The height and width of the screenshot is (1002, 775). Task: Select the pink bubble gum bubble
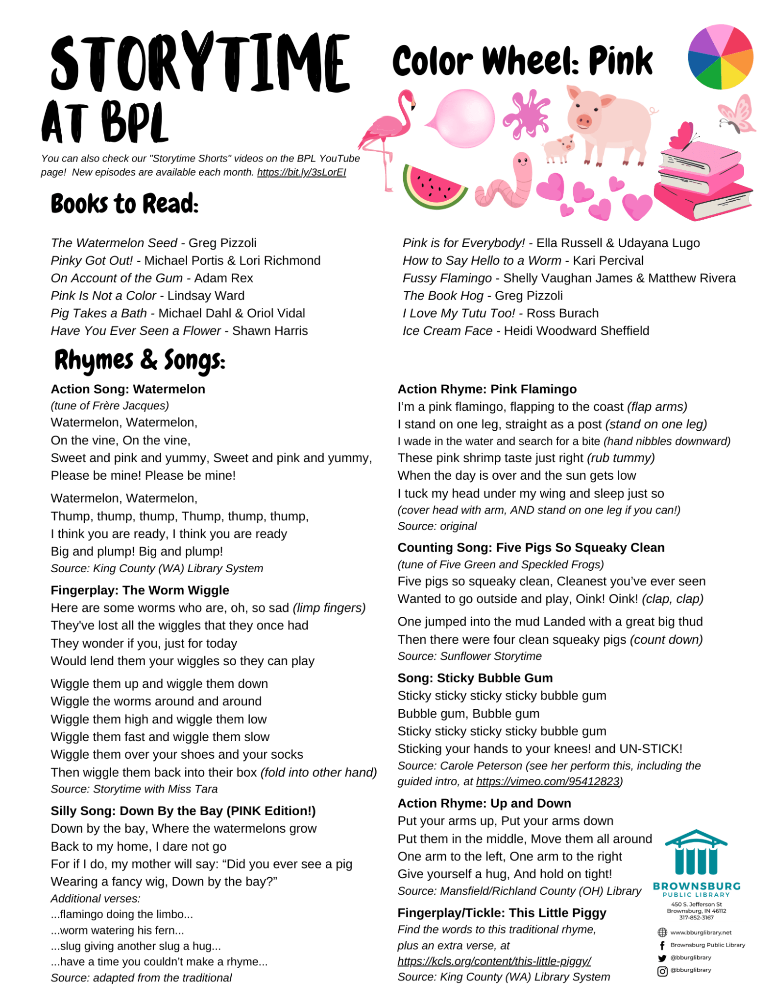[464, 118]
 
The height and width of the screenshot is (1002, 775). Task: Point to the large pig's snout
[583, 121]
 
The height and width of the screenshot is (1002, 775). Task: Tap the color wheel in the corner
[720, 58]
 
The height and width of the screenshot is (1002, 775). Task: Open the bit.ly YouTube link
[301, 172]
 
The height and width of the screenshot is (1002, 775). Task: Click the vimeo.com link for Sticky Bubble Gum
[548, 781]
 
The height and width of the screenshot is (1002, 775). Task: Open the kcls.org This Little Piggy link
[494, 961]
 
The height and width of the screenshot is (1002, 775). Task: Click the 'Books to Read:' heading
[124, 204]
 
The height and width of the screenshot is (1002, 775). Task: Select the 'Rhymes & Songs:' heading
[140, 360]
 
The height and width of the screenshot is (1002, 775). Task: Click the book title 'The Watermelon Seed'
[114, 243]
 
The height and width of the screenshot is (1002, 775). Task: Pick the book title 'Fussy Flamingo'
[447, 278]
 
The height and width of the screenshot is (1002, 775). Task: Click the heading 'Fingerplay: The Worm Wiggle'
[140, 590]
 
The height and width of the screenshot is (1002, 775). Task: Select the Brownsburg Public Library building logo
[696, 853]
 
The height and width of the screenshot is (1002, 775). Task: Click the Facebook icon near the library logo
[662, 945]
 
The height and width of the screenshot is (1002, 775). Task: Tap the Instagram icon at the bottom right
[662, 971]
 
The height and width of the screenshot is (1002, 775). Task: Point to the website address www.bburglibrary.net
[701, 932]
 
